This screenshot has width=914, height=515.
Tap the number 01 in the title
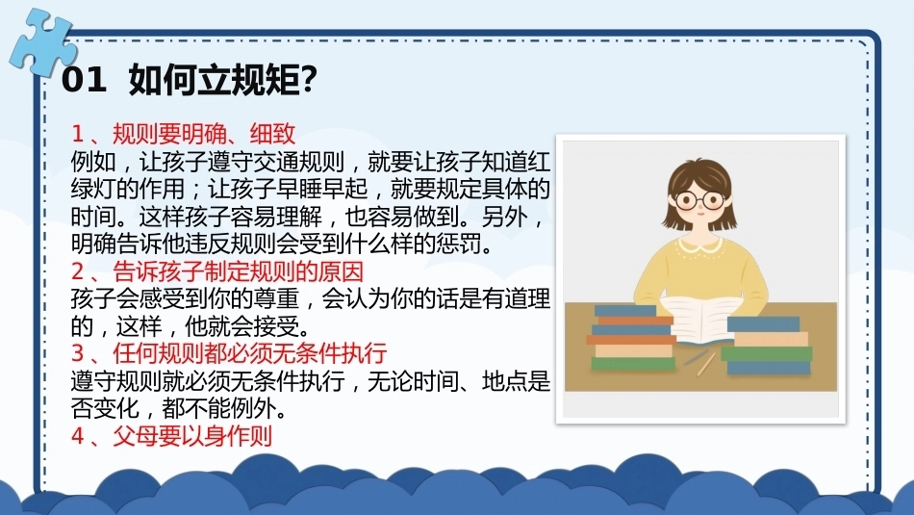[x=84, y=79]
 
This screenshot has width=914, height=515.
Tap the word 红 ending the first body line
[x=539, y=162]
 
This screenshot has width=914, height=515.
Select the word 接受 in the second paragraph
[x=276, y=326]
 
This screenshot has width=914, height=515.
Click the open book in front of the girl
[x=698, y=319]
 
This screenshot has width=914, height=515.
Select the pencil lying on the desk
[x=706, y=363]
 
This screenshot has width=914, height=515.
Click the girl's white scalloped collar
[x=699, y=244]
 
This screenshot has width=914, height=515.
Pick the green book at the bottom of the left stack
[x=633, y=363]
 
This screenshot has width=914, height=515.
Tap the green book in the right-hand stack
[x=767, y=353]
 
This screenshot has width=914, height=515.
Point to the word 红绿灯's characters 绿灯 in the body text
[x=94, y=189]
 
